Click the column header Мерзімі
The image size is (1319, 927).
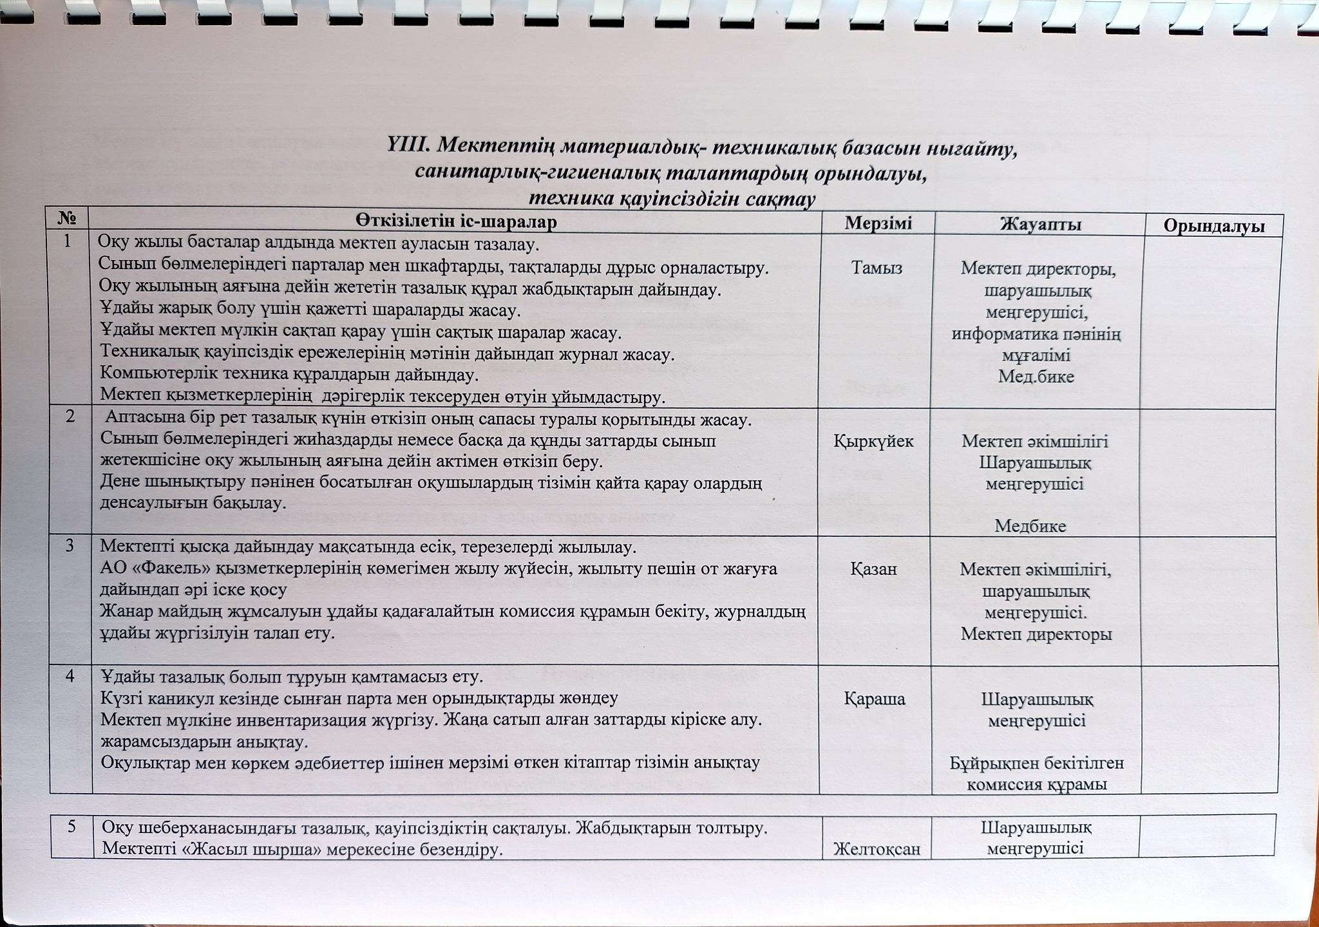(878, 223)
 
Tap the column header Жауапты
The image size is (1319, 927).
(1040, 224)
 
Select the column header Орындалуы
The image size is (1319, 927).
(1213, 227)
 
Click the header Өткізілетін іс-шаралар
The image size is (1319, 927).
(456, 221)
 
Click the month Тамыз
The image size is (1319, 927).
(877, 267)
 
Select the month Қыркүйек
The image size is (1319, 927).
(873, 441)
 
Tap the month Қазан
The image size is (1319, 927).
(874, 569)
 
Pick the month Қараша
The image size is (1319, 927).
(874, 699)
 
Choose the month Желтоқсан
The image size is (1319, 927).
(877, 850)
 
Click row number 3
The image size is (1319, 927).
(70, 546)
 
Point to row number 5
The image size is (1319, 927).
(73, 826)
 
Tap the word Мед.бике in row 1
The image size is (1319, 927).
(1036, 377)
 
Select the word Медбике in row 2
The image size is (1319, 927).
(1030, 526)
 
